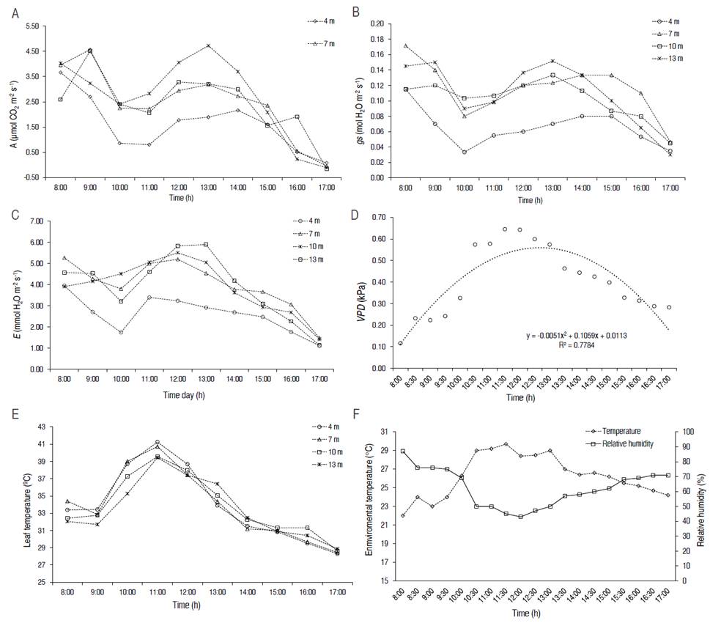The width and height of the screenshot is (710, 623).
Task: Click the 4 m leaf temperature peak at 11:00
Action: click(x=157, y=442)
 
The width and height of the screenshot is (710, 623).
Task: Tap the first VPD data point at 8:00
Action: click(x=400, y=343)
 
